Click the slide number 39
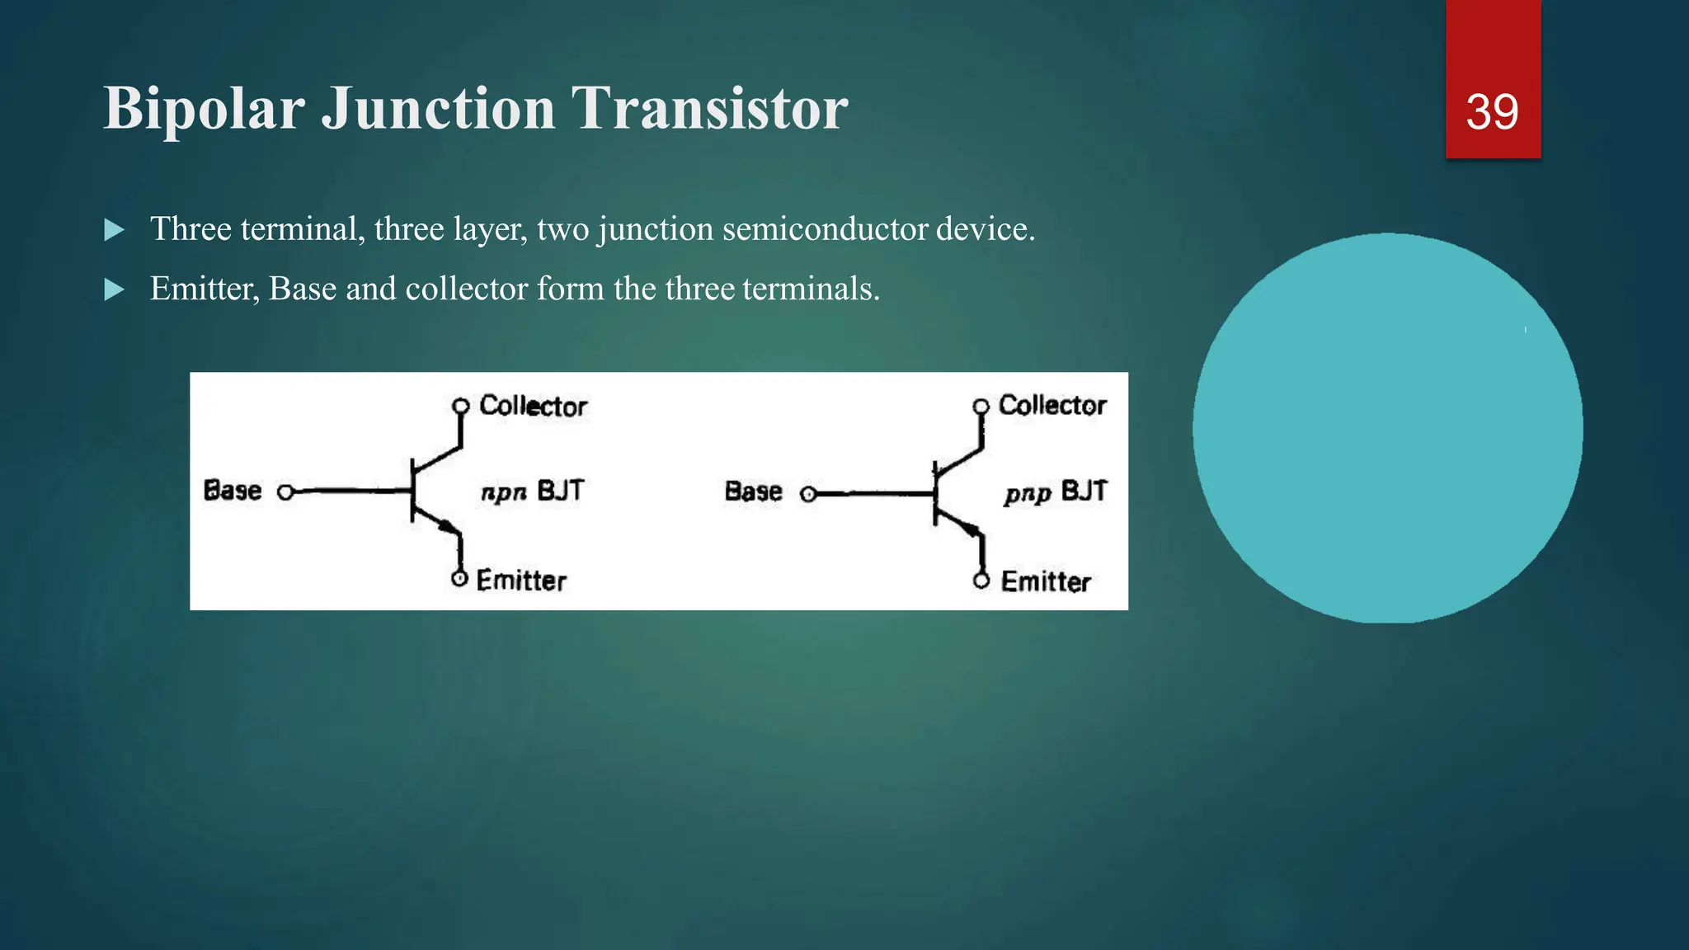[1492, 112]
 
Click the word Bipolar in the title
[204, 110]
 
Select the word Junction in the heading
[438, 110]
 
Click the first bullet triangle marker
[115, 230]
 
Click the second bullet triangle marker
[115, 290]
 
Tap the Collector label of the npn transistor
[533, 406]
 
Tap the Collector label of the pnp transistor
[1052, 405]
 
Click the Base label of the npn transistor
[233, 491]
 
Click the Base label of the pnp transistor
[753, 491]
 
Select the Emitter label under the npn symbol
[521, 581]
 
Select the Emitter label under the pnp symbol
[1046, 581]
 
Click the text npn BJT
[532, 491]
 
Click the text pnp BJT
[1056, 492]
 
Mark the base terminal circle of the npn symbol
[285, 492]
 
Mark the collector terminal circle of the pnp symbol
[981, 407]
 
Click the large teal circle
[1387, 428]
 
